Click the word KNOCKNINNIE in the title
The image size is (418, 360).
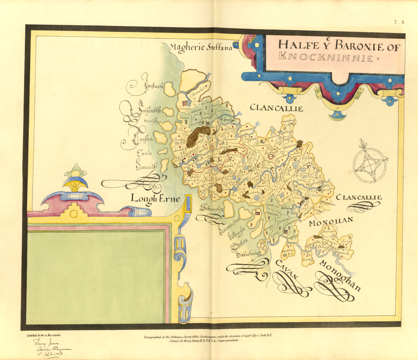click(325, 57)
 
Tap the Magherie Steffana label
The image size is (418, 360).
click(201, 47)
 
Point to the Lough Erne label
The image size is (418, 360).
click(155, 199)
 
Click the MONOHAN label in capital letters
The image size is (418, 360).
click(331, 222)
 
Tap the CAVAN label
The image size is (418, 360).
click(287, 269)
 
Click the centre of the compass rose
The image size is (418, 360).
click(370, 165)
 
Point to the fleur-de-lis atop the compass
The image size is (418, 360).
click(362, 144)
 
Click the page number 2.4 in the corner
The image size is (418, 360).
click(399, 22)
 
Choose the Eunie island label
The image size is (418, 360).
click(144, 153)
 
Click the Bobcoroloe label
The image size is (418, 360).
click(212, 208)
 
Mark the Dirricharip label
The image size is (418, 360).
click(248, 254)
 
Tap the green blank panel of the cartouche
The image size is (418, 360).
click(96, 276)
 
